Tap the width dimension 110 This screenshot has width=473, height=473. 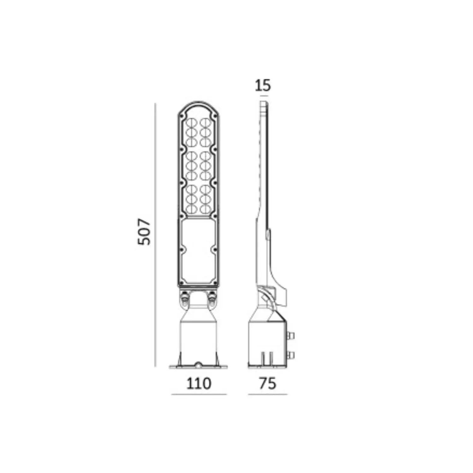coord(199,383)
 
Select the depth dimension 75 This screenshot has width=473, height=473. coord(267,383)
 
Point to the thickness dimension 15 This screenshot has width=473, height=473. coord(263,85)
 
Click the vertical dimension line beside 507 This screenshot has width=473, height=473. coord(155,235)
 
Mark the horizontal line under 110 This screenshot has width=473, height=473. coord(199,394)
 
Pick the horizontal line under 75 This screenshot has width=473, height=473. coord(268,394)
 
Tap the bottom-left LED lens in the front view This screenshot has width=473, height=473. coord(192,209)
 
